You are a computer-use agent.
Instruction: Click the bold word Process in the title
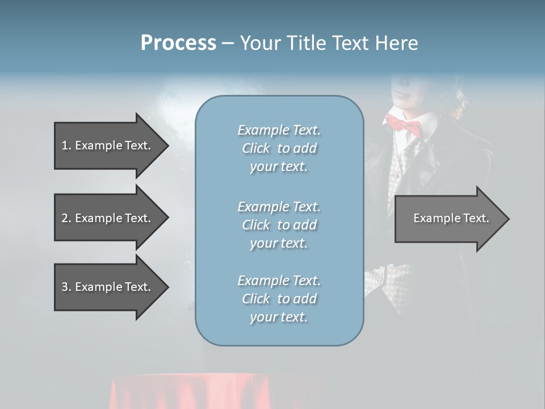[178, 43]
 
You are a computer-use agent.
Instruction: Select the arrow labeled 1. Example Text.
[106, 145]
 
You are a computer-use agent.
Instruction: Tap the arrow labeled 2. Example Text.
[106, 218]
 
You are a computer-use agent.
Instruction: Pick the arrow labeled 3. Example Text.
[106, 287]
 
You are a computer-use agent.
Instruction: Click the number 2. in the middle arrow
[66, 218]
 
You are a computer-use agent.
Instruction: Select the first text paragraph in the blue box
[279, 148]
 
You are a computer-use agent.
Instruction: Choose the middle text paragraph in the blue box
[279, 224]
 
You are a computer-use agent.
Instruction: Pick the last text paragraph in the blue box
[279, 298]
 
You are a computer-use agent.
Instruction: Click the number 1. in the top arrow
[66, 145]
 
